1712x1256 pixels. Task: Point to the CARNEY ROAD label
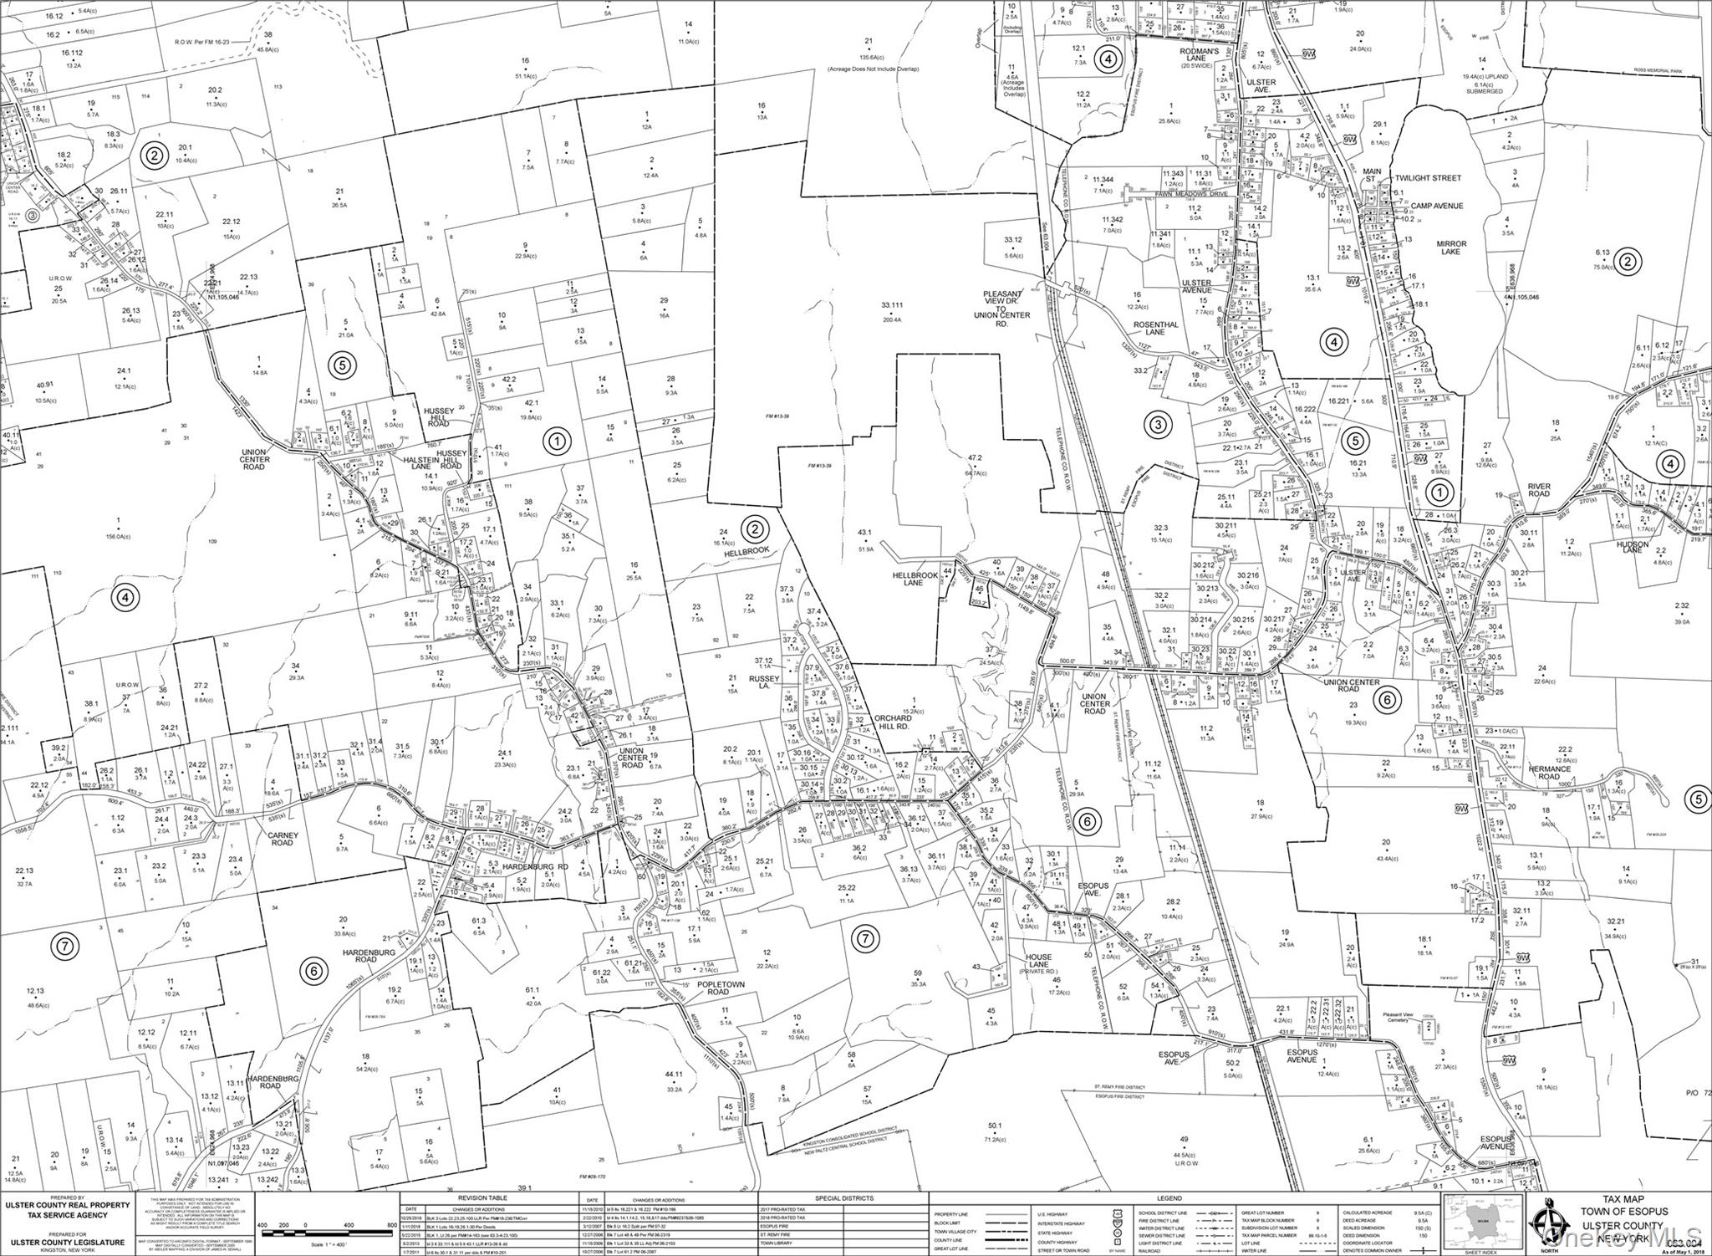pyautogui.click(x=282, y=839)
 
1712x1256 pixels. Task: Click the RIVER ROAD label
pyautogui.click(x=1538, y=489)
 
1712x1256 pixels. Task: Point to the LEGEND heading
pyautogui.click(x=1168, y=1197)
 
